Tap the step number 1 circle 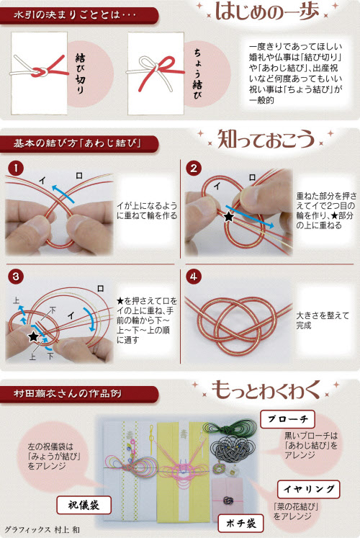12,169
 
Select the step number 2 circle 192,169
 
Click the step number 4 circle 192,276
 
